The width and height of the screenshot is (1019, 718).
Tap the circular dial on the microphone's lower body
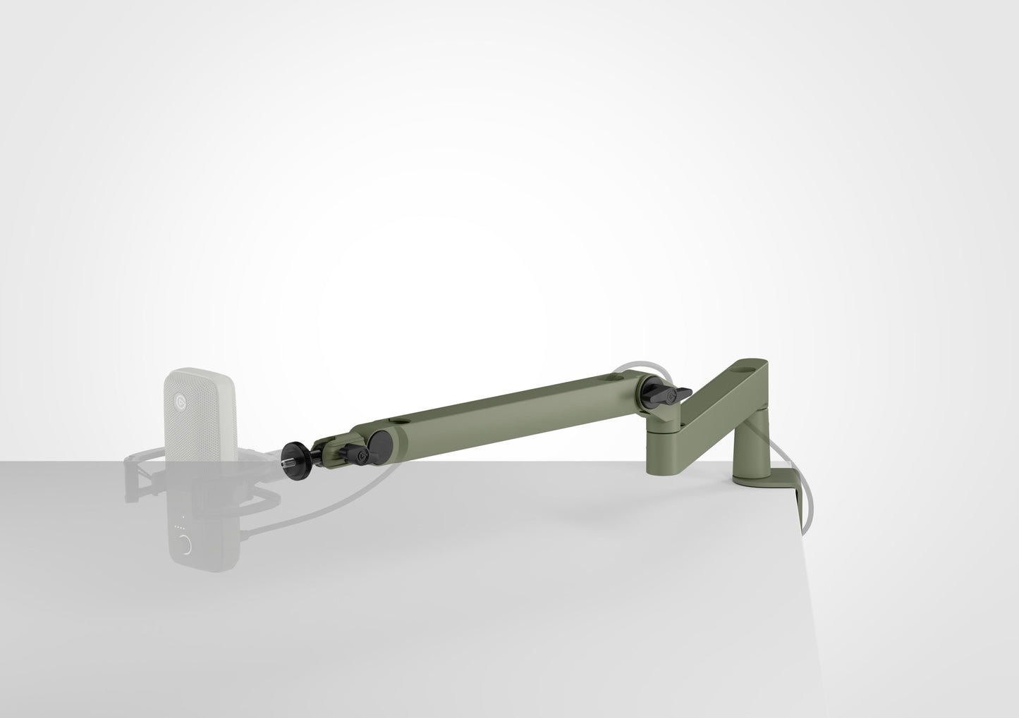185,545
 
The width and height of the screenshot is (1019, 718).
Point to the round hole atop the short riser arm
748,366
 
